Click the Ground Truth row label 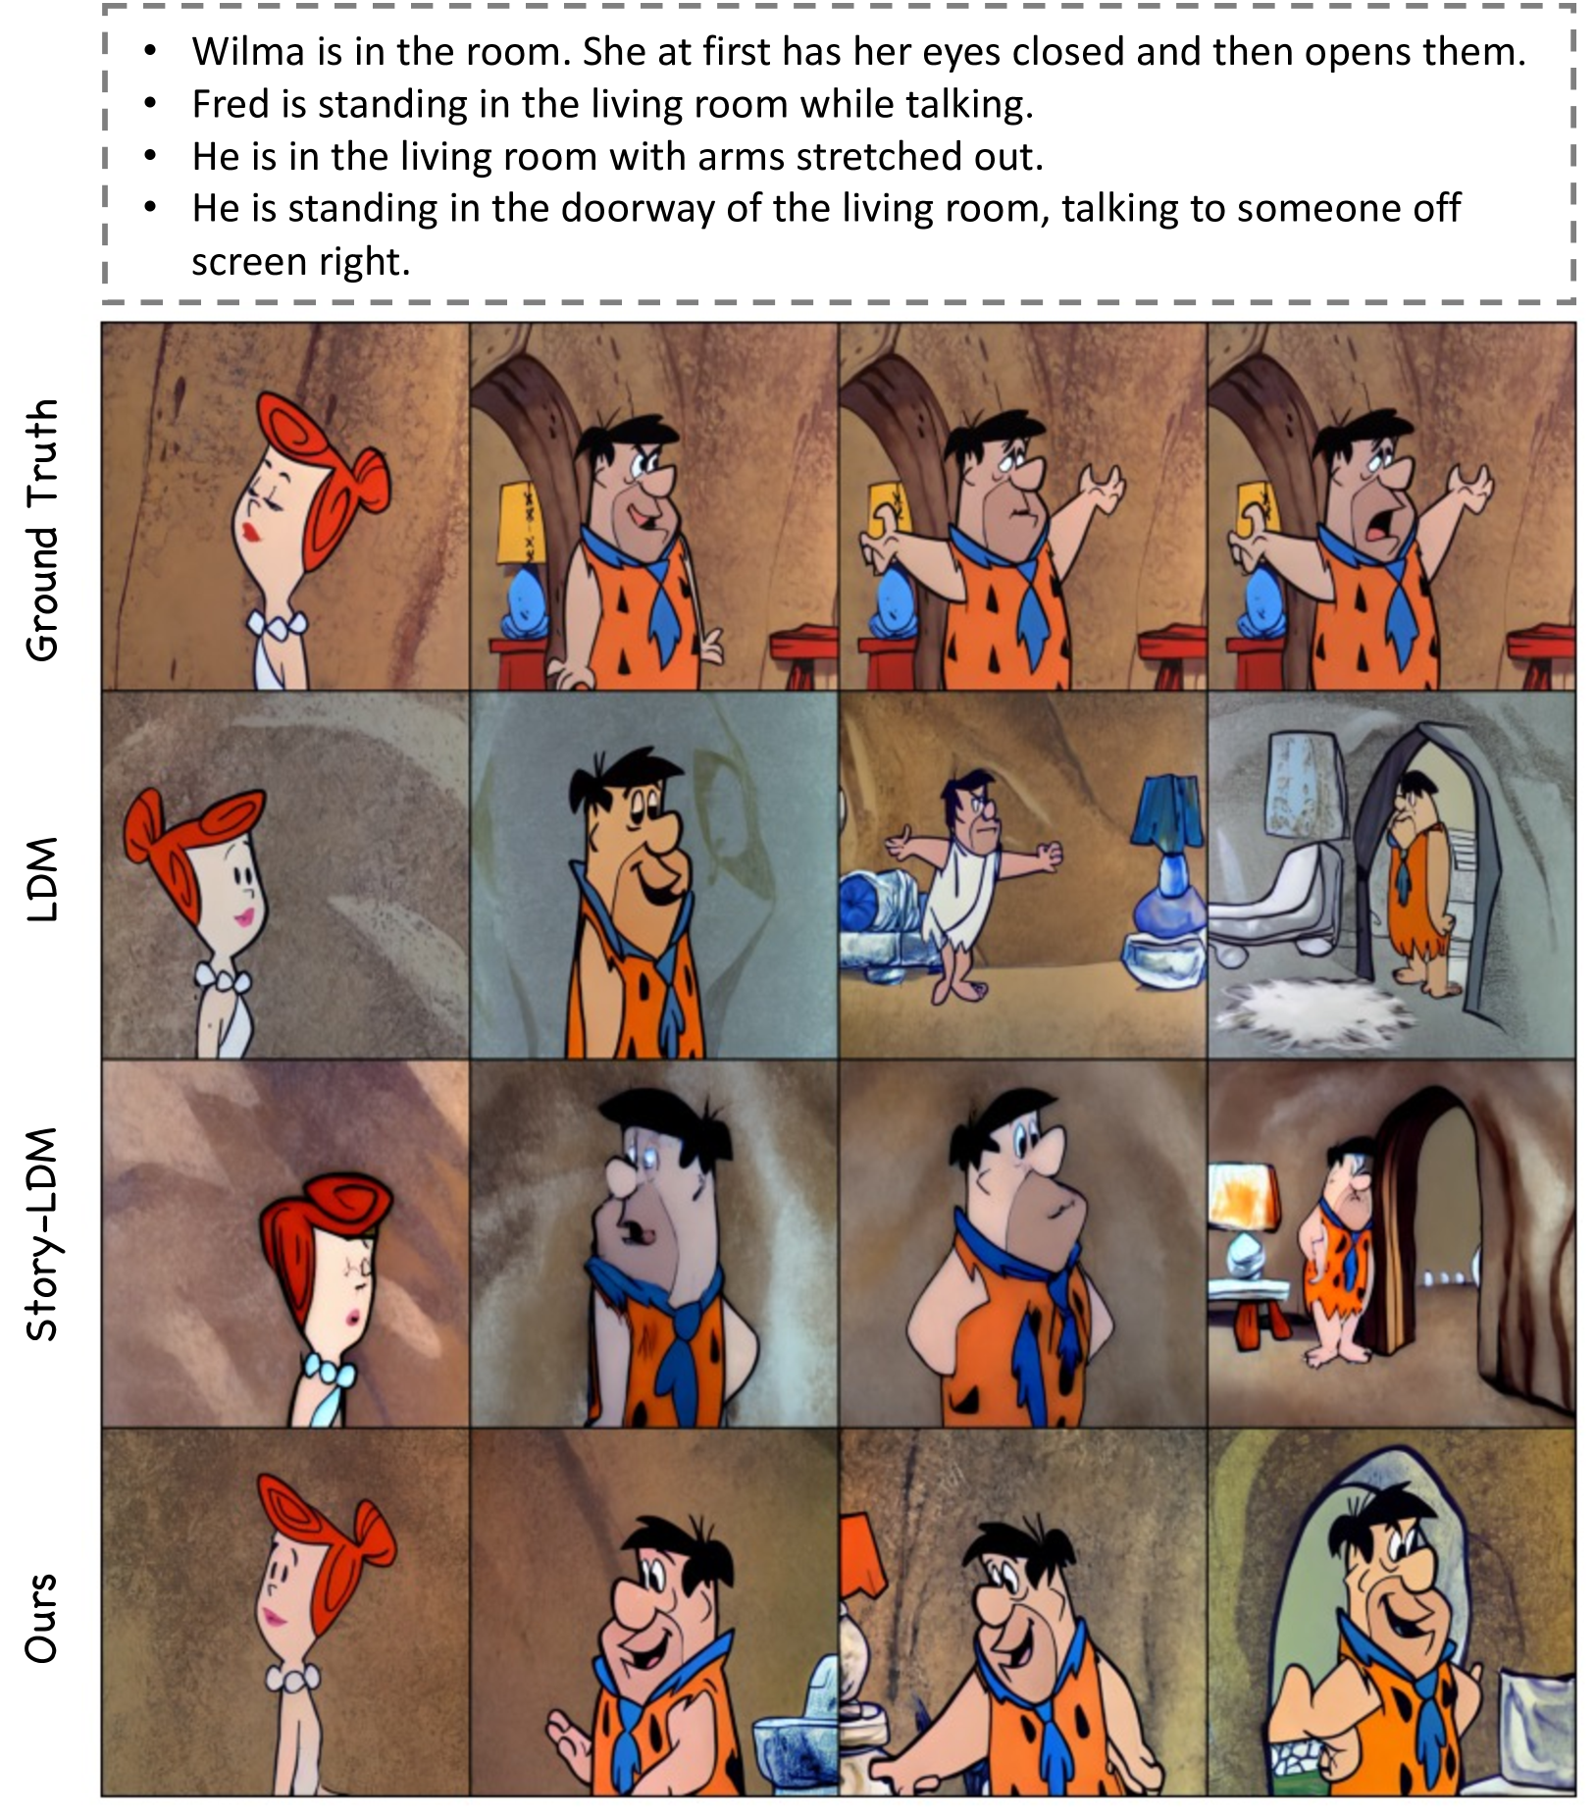point(42,530)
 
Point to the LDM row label point(42,879)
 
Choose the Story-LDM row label point(42,1234)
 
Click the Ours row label point(42,1618)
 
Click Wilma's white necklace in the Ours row point(292,1677)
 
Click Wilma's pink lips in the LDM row point(243,918)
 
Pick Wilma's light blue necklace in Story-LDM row point(329,1370)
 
